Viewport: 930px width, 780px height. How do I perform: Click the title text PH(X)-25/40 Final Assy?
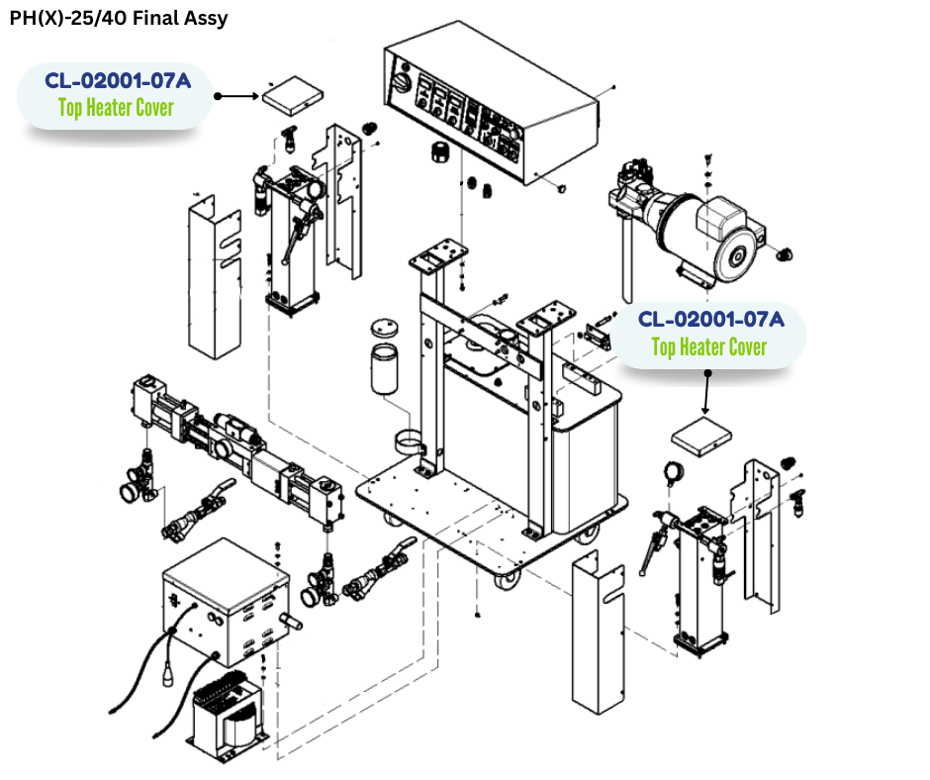118,19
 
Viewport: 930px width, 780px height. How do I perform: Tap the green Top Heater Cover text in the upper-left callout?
116,108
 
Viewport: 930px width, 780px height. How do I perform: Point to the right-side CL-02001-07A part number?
710,320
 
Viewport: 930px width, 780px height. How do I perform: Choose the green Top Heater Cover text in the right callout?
709,347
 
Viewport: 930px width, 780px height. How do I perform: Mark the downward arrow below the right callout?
706,392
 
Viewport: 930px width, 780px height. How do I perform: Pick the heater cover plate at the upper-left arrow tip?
292,96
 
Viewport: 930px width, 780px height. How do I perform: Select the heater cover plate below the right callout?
702,437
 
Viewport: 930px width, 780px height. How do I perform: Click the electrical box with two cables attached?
225,603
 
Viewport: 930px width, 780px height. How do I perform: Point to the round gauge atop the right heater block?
677,472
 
